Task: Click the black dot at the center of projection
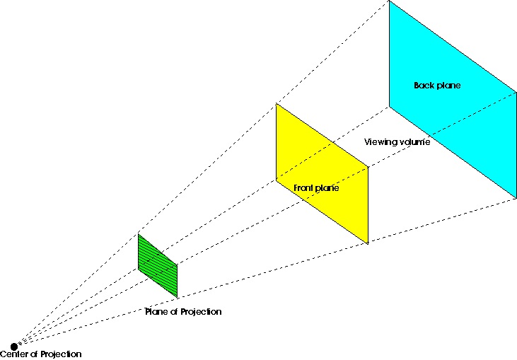(x=14, y=347)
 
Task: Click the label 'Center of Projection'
(x=41, y=354)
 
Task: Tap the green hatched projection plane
(x=158, y=265)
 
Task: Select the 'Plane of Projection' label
(x=183, y=312)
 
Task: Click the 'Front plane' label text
(x=316, y=188)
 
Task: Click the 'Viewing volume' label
(x=397, y=142)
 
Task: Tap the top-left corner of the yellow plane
(x=276, y=104)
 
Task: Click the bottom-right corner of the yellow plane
(x=368, y=244)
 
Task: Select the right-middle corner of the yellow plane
(x=368, y=168)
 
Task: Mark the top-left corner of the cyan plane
(x=389, y=1)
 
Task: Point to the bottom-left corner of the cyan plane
(x=389, y=106)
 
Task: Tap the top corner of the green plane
(x=139, y=233)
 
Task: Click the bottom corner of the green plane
(x=178, y=297)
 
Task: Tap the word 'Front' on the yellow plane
(x=304, y=188)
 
